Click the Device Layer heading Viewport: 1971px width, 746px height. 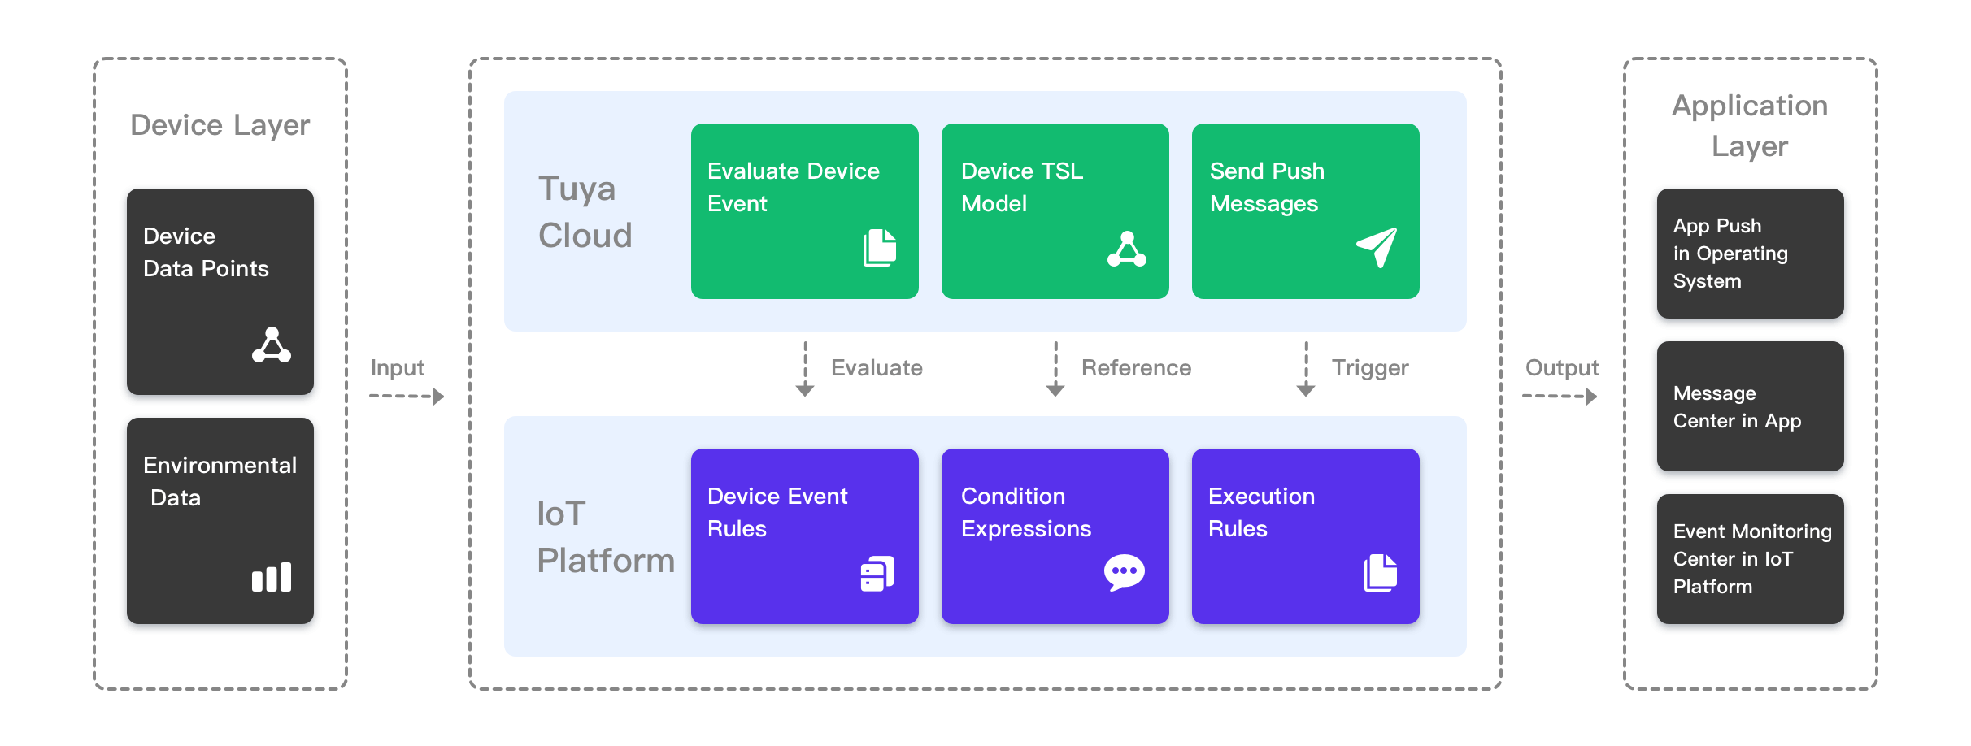point(220,125)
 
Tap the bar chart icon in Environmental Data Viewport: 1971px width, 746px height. point(272,577)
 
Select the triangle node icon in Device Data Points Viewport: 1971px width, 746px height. point(272,345)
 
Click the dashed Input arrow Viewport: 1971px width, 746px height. point(406,397)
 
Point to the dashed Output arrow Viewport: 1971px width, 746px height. point(1559,397)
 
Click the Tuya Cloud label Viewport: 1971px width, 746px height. point(585,211)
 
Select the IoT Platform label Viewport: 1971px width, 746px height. point(605,536)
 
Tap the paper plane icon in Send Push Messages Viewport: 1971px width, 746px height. point(1377,247)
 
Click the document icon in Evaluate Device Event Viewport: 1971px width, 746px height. point(879,247)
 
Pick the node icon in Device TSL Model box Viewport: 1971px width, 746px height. point(1127,249)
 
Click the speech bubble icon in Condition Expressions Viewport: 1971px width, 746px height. point(1124,573)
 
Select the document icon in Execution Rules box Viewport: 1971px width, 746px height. point(1380,573)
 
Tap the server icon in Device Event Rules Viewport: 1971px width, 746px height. point(877,574)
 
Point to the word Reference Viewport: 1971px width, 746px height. point(1135,368)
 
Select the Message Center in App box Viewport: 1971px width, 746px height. point(1750,407)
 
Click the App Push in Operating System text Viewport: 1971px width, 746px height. point(1730,254)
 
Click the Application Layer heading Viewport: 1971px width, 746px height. point(1749,126)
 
